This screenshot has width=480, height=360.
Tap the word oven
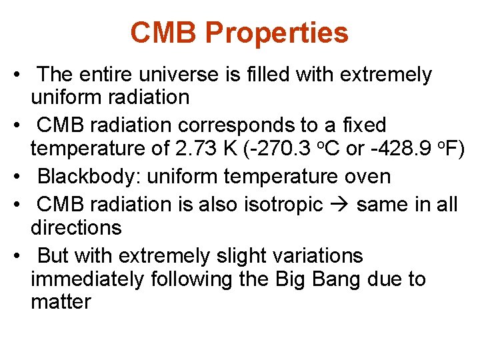pos(367,177)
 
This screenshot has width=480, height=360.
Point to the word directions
pos(76,228)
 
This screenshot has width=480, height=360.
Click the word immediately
pos(88,279)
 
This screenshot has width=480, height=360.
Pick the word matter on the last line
pos(61,302)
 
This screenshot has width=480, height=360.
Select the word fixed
pos(361,125)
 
